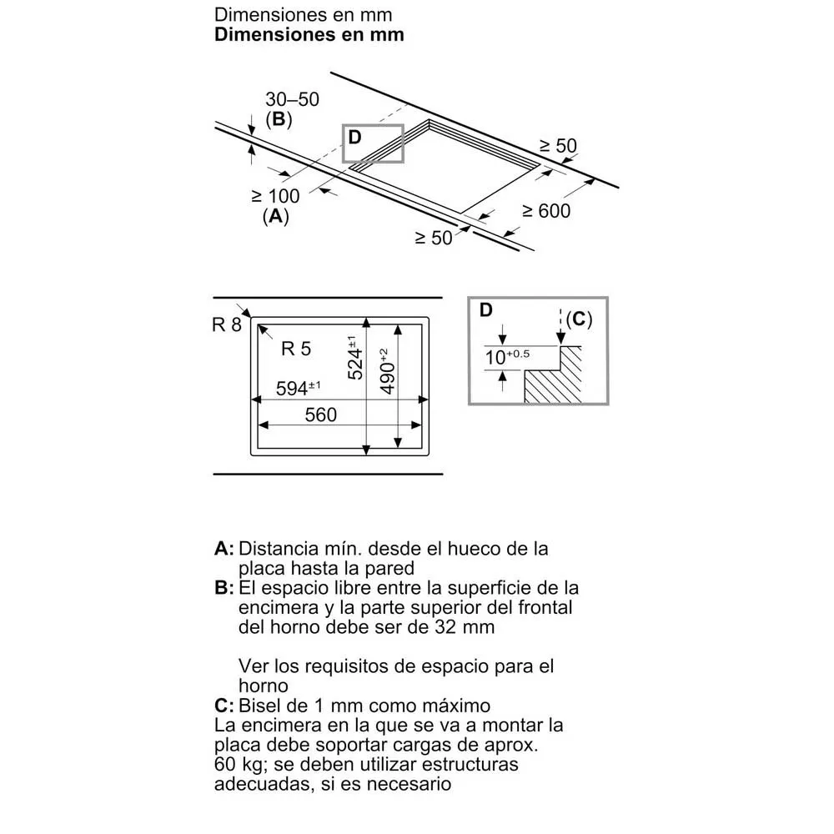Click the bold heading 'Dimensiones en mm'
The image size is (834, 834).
[309, 34]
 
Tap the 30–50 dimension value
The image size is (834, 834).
[292, 99]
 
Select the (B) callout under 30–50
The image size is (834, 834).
[279, 119]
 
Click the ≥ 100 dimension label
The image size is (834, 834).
[275, 196]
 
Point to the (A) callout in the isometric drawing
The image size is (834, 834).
[275, 216]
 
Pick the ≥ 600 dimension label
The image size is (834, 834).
[546, 211]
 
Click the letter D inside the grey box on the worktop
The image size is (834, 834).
[354, 138]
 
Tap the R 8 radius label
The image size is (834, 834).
[227, 324]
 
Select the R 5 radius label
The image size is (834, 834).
[296, 349]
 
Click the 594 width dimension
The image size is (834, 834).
[298, 389]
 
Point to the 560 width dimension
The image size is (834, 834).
[321, 414]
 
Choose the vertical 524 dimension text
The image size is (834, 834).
[354, 358]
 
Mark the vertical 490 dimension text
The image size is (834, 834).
[387, 372]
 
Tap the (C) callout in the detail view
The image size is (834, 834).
[579, 319]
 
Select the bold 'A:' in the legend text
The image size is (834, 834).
[224, 549]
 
